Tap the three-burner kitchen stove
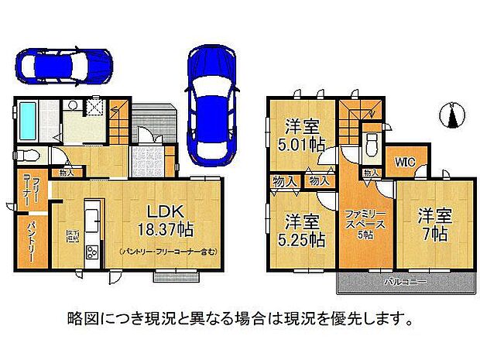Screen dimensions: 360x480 click(x=91, y=252)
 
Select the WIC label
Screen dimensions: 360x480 click(x=403, y=163)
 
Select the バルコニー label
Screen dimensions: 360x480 click(x=406, y=283)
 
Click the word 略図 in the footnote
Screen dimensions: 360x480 click(x=80, y=318)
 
